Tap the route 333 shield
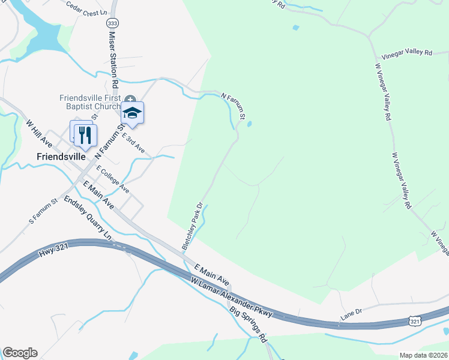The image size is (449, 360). [x=111, y=23]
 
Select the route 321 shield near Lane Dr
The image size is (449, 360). [x=415, y=322]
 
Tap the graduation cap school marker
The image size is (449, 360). [x=132, y=112]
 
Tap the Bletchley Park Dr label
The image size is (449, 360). [x=193, y=226]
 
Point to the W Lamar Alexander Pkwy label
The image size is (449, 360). [x=232, y=298]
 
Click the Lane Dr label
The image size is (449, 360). [x=352, y=311]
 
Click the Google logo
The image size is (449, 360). [x=20, y=353]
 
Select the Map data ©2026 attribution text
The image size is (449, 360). [x=423, y=355]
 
